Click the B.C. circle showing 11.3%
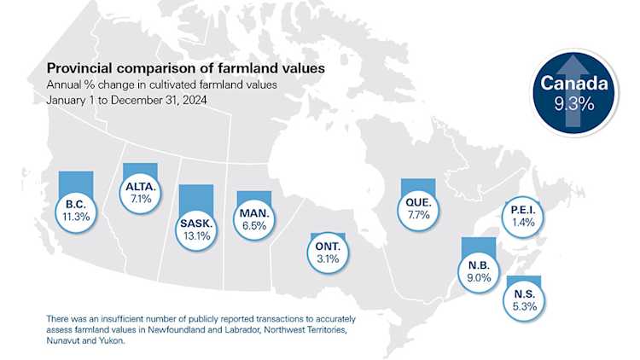[78, 210]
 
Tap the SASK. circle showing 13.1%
[195, 229]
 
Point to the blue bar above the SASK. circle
[195, 195]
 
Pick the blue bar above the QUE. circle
[418, 185]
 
